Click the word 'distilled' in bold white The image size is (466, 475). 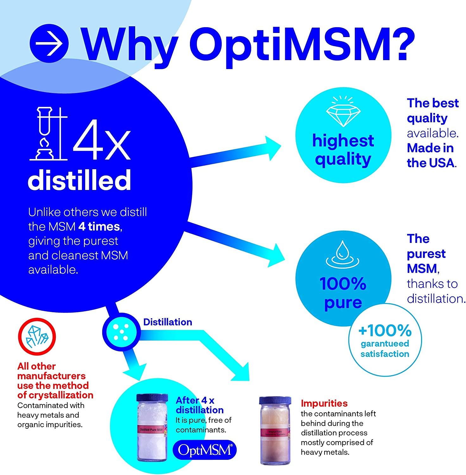pos(79,180)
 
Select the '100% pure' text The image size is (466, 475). pos(343,293)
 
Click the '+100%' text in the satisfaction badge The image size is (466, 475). pos(385,331)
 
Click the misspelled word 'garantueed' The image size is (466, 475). pos(385,344)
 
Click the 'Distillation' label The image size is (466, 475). pos(167,322)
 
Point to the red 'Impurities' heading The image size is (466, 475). pos(324,403)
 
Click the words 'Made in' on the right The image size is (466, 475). pos(430,148)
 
